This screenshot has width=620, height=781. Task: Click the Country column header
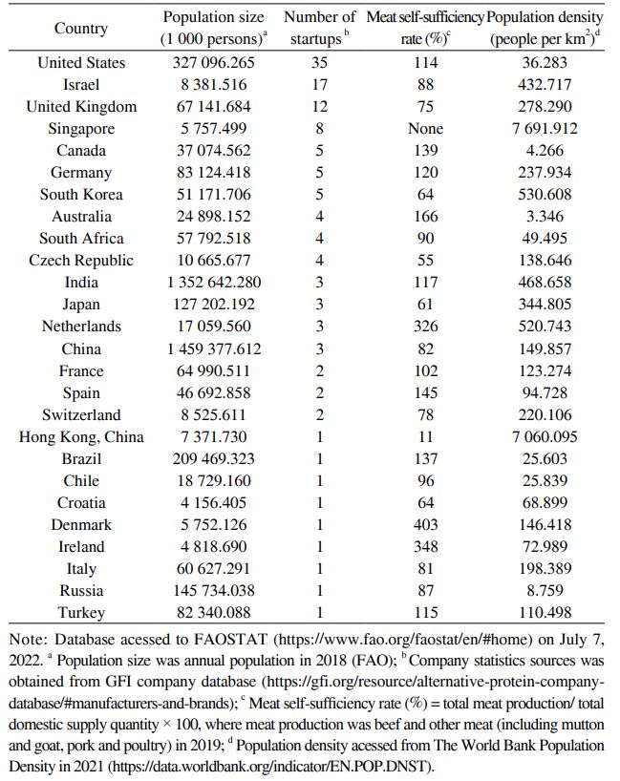click(81, 28)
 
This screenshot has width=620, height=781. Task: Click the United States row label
click(81, 63)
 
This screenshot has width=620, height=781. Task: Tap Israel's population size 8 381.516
click(212, 85)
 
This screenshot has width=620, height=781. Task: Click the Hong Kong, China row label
click(81, 437)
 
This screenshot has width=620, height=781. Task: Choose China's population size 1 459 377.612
click(212, 348)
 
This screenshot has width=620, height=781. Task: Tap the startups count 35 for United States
click(319, 63)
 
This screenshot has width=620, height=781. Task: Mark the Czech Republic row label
click(81, 261)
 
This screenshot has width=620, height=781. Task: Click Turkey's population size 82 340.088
click(212, 613)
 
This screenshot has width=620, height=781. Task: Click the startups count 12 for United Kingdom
click(319, 107)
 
